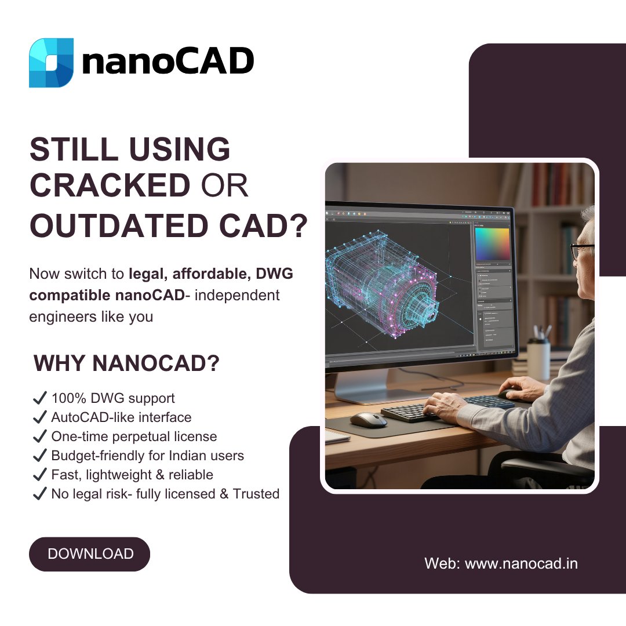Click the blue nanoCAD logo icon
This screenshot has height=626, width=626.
51,63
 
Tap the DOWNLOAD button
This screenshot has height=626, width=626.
90,554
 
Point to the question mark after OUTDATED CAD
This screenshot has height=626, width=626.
296,227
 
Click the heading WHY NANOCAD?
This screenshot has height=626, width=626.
127,363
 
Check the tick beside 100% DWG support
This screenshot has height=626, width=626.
39,398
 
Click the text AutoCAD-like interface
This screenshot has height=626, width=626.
121,417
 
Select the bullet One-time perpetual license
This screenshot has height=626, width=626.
134,436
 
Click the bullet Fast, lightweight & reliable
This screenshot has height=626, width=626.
132,475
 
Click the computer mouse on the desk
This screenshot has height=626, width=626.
368,419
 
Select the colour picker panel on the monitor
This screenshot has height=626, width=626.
492,244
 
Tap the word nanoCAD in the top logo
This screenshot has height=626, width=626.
168,62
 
